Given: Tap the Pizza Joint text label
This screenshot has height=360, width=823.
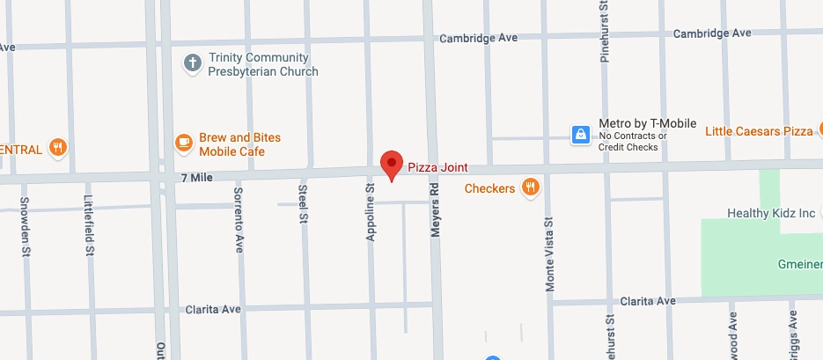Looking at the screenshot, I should point(437,167).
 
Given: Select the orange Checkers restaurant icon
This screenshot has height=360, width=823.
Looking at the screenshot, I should point(530,187).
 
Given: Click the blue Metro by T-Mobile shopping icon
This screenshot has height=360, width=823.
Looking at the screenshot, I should point(581,135).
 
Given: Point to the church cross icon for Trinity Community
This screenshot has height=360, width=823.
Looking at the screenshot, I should point(192,63).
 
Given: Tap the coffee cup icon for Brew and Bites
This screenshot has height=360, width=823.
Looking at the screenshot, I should point(183,143).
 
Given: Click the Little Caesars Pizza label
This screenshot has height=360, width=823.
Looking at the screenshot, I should point(760,131).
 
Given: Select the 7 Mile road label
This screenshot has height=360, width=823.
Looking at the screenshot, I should point(197,178).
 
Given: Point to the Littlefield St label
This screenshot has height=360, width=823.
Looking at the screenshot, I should point(89,224).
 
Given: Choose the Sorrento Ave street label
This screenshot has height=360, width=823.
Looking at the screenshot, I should point(239,220).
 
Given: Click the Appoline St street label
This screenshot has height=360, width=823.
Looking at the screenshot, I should point(371,212).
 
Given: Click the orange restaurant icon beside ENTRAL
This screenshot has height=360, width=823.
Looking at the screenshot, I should point(58,147).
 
